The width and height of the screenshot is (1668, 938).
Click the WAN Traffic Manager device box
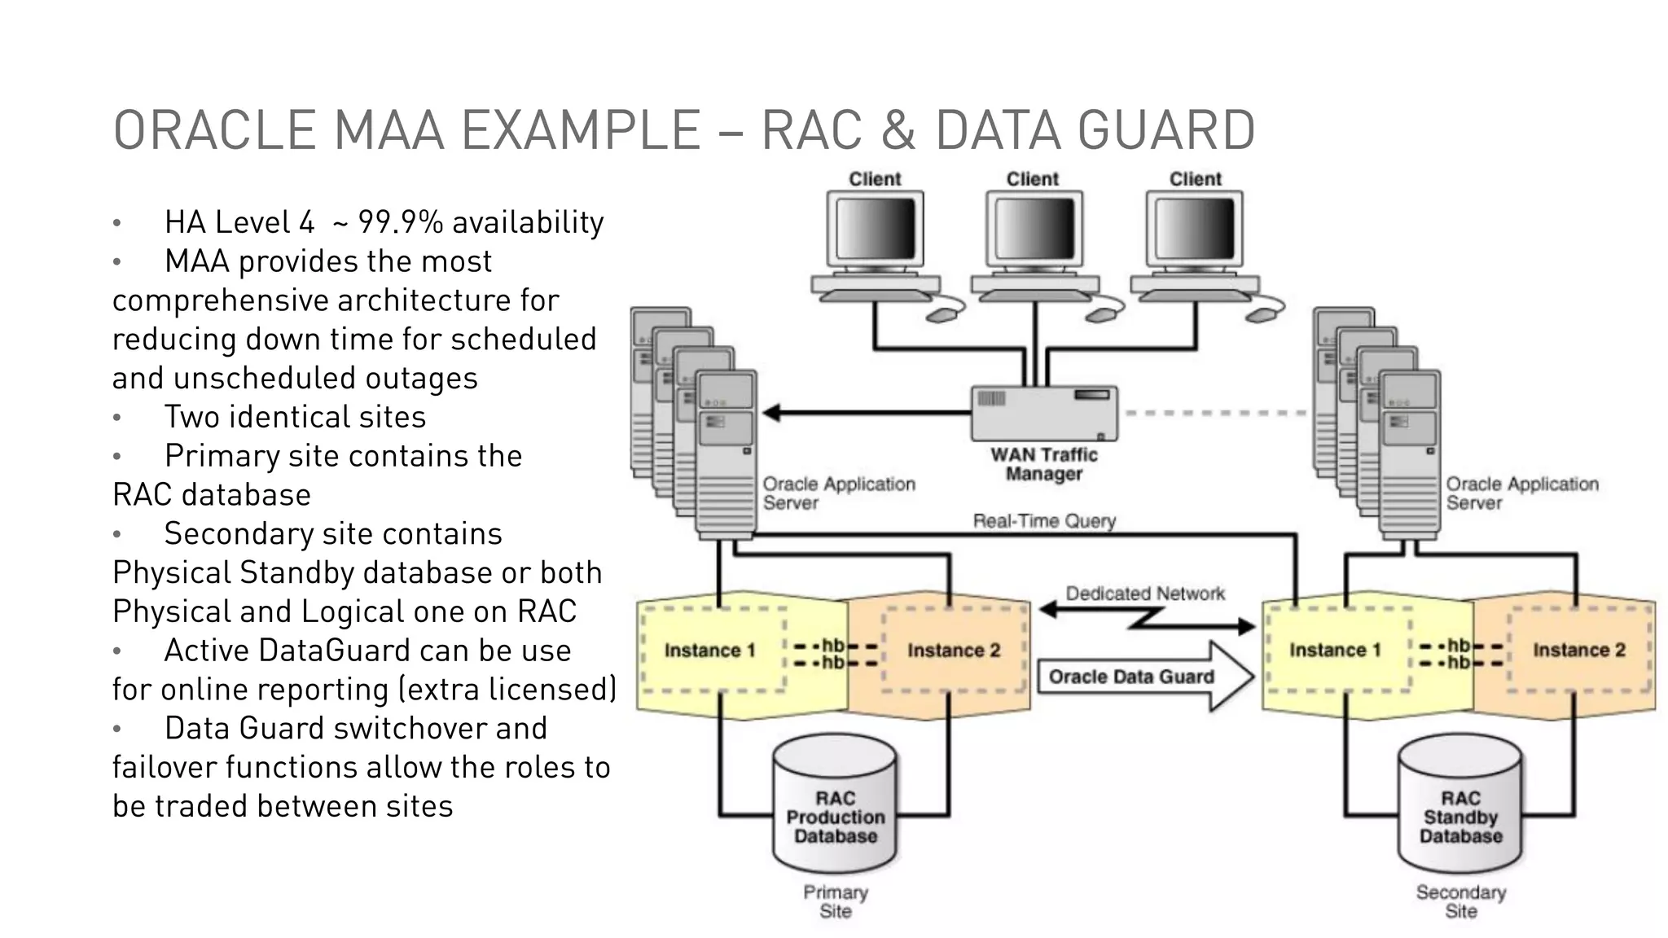[x=1044, y=413]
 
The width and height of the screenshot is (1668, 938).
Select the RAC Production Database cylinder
[x=835, y=806]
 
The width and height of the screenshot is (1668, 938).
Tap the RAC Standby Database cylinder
[x=1460, y=806]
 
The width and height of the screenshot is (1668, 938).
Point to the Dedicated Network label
[x=1144, y=594]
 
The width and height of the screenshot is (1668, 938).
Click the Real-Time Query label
[x=1044, y=521]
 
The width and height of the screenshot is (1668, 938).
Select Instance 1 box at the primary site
[x=710, y=651]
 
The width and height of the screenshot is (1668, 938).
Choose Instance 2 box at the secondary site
[x=1578, y=650]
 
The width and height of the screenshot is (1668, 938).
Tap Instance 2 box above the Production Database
[x=954, y=651]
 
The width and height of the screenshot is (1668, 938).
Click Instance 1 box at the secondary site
[x=1335, y=650]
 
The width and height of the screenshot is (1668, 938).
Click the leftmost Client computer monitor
[x=875, y=230]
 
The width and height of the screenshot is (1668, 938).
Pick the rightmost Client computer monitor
[x=1195, y=230]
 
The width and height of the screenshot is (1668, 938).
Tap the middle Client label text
[x=1032, y=179]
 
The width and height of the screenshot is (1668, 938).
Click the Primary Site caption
[x=836, y=901]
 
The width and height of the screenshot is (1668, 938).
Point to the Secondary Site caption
[x=1460, y=901]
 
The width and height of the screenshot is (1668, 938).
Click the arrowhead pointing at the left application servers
[x=770, y=413]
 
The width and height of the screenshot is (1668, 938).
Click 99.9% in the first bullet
[x=400, y=222]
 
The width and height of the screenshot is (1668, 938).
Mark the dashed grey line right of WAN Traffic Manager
[x=1214, y=413]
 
